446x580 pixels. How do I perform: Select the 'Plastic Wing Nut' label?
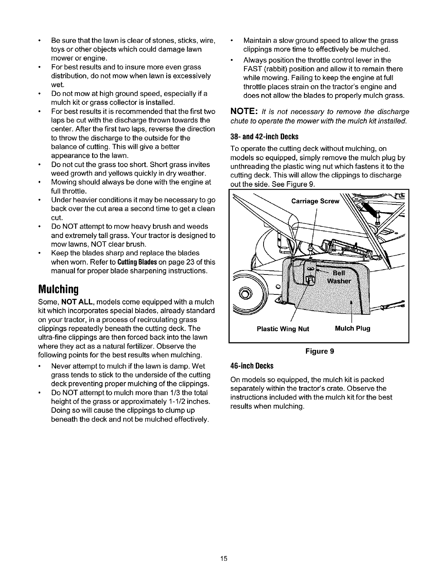(283, 328)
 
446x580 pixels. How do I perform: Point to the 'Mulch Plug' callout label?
(353, 328)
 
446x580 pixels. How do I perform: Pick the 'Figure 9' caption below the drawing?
(319, 351)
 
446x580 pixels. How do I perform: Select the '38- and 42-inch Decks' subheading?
(264, 137)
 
